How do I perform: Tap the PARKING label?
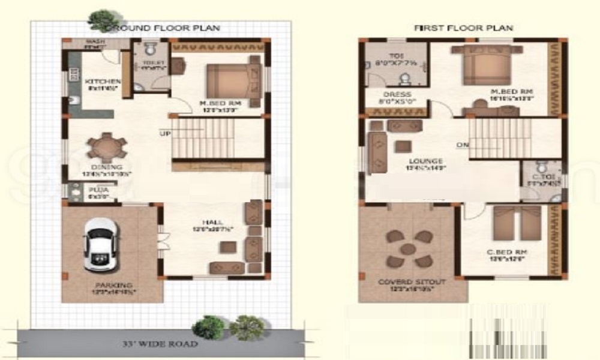[112, 285]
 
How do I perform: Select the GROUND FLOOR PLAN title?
[162, 28]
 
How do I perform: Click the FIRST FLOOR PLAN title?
[463, 28]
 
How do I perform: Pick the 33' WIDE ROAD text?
[157, 344]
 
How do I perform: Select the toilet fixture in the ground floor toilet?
[149, 50]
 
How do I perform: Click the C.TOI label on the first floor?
[540, 177]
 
